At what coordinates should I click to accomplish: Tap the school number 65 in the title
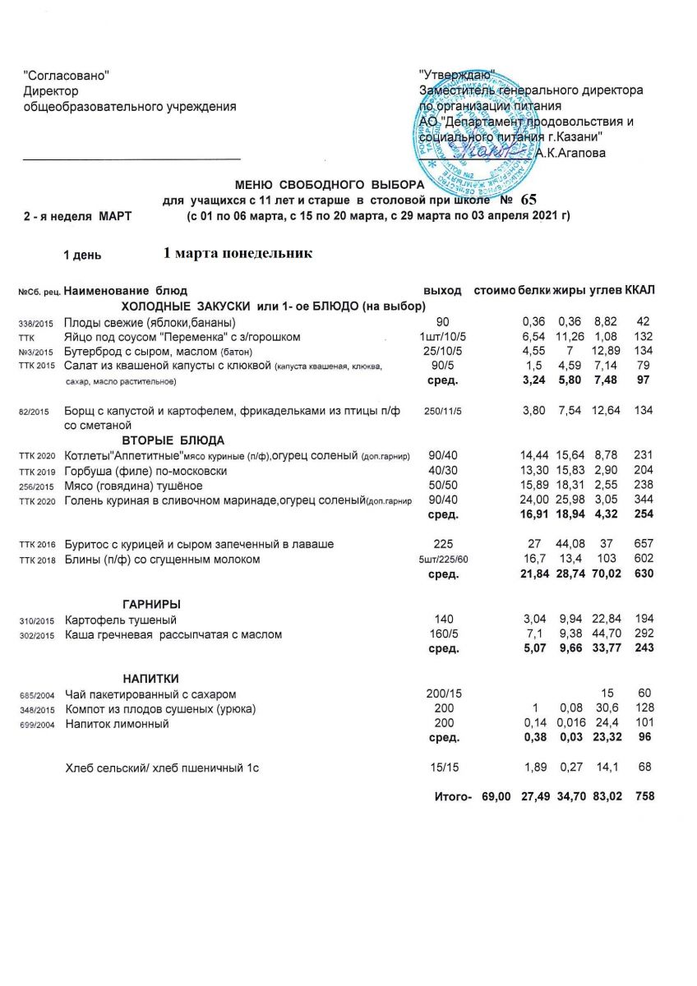pos(528,200)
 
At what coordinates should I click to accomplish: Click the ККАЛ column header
pos(639,291)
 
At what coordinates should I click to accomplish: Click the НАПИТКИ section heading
pos(150,678)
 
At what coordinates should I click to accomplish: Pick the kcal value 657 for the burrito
pos(643,544)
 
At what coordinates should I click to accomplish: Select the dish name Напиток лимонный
pos(117,724)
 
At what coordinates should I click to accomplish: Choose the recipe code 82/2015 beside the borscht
pos(34,412)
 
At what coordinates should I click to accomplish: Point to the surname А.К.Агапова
pos(570,152)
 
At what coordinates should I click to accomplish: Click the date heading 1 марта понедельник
pos(238,253)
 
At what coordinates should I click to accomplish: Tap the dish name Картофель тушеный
pos(121,620)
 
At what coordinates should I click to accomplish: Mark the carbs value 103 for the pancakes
pos(606,560)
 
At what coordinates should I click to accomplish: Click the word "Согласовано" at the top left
pos(67,76)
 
